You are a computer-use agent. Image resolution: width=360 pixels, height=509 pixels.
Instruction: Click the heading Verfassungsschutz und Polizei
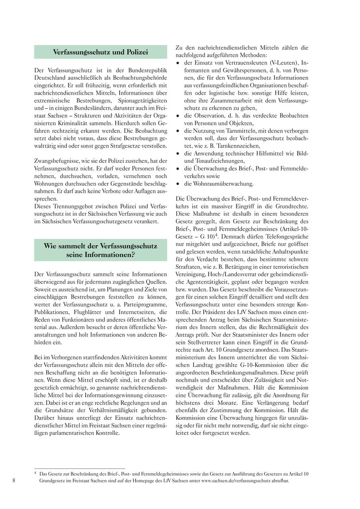(100, 52)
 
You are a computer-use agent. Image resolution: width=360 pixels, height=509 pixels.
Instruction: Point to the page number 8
(14, 480)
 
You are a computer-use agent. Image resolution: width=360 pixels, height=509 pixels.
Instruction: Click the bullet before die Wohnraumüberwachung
(178, 184)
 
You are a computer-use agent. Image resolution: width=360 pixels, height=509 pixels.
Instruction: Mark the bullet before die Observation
(178, 116)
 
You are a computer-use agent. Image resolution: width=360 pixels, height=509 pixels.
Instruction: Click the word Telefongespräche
(286, 237)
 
